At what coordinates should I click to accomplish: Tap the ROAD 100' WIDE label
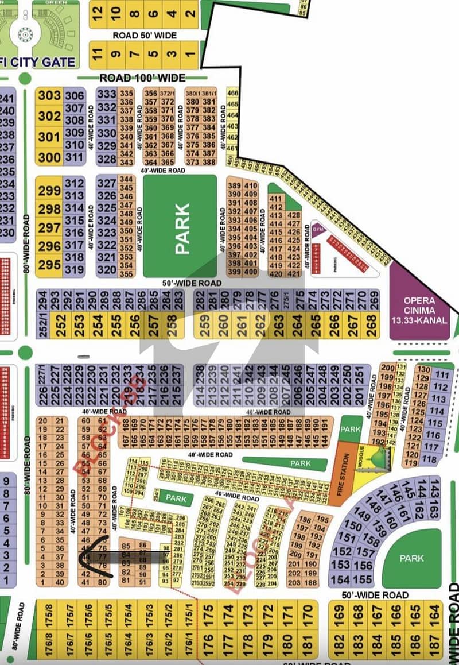(142, 78)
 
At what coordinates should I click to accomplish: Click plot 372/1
(167, 94)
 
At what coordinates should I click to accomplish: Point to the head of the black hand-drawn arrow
(80, 556)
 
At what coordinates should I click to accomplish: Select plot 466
(232, 94)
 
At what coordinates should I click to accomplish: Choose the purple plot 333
(107, 94)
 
